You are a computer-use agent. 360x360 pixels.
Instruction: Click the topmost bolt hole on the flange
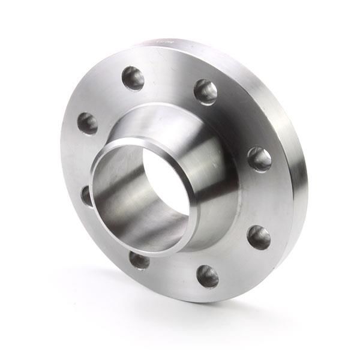coord(133,78)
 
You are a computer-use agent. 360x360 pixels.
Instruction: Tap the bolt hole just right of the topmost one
coord(205,91)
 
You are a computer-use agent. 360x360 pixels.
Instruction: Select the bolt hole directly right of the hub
coord(259,159)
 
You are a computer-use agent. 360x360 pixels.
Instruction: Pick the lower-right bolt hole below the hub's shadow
coord(259,237)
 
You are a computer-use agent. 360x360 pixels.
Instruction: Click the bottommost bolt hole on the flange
coord(208,276)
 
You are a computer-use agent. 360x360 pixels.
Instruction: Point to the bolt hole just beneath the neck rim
coord(139,260)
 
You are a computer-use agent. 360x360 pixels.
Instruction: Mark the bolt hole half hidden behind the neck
coord(86,196)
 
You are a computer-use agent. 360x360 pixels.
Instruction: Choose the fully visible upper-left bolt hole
coord(88,124)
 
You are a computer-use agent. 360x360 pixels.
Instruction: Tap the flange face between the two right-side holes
coord(264,198)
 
